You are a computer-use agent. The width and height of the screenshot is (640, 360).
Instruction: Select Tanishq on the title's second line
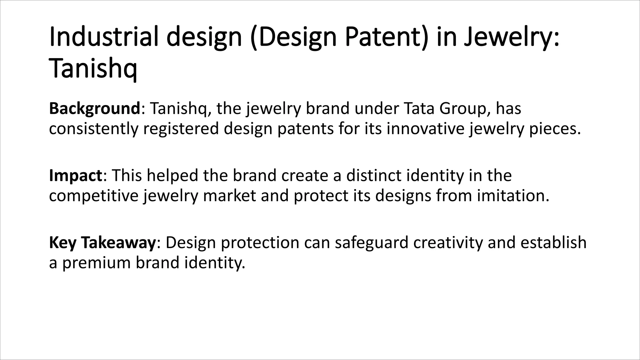tap(93, 70)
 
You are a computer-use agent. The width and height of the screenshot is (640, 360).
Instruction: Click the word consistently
tap(93, 129)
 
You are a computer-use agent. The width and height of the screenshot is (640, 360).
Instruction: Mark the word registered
tap(181, 129)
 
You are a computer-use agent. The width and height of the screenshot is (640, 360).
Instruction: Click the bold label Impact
tap(75, 175)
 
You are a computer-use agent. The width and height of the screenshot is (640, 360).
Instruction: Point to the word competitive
tap(93, 196)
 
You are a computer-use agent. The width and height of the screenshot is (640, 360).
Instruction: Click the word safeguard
tap(372, 242)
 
